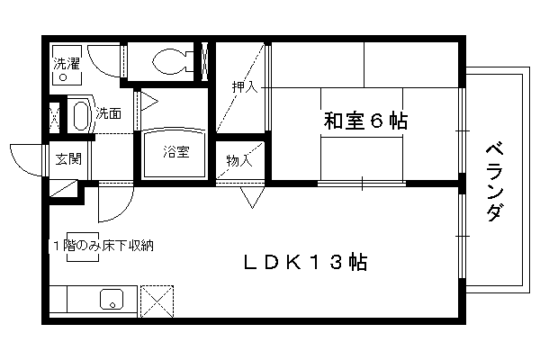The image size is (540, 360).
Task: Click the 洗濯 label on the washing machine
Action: click(x=67, y=64)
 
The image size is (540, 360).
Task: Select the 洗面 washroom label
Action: click(x=109, y=113)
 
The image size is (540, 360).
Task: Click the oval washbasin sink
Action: click(x=80, y=116)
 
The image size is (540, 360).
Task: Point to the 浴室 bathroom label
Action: click(x=176, y=152)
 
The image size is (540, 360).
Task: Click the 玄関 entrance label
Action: click(x=68, y=159)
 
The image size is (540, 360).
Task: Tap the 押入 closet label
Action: click(x=245, y=86)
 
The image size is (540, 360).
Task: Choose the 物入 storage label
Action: click(x=239, y=160)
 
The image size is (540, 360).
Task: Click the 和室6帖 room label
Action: click(x=365, y=121)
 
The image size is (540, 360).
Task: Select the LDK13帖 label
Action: click(x=305, y=262)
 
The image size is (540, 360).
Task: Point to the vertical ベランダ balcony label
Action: click(x=494, y=182)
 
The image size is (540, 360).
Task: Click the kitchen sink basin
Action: click(x=112, y=299)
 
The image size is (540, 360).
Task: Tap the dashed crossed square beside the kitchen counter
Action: click(x=157, y=301)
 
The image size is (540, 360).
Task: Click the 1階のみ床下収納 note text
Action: click(x=103, y=246)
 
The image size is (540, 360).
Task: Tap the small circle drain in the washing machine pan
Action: click(x=63, y=77)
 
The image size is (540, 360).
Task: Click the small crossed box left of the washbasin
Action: click(x=54, y=117)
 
